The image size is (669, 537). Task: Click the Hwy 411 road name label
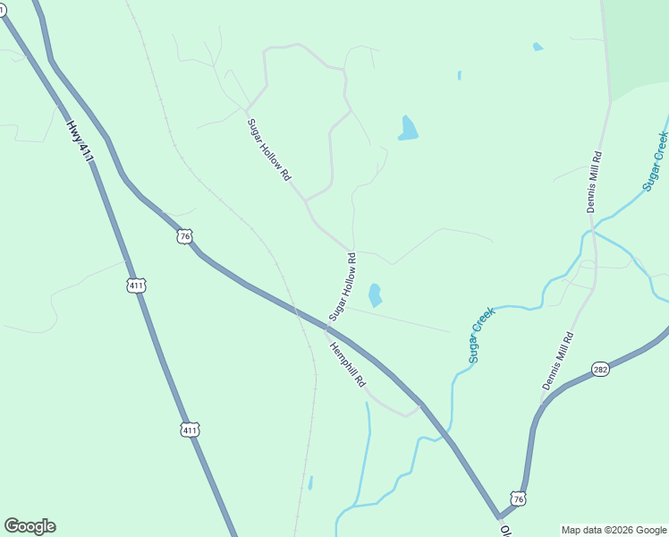coord(80,142)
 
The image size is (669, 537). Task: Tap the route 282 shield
coord(600,369)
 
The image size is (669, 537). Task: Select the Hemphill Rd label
coord(347,365)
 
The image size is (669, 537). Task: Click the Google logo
coord(30,526)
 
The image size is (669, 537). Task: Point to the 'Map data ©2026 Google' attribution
coord(614,530)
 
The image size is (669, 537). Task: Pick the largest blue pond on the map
coord(408,129)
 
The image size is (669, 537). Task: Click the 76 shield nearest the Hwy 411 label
coord(184,236)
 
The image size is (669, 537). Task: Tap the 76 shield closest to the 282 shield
coord(518,497)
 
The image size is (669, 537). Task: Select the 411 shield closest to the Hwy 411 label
coord(136,286)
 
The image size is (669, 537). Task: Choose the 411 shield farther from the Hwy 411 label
coord(189,430)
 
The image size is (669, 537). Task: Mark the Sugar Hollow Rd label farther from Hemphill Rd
coord(269,150)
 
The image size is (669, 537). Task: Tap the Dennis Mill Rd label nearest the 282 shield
coord(557,360)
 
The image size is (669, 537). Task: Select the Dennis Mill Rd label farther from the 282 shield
coord(594,181)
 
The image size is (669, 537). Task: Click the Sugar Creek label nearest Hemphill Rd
coord(481,334)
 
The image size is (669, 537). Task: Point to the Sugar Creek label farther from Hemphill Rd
coord(656,161)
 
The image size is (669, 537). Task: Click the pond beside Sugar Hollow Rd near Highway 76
coord(375,294)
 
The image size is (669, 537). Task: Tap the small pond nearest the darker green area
coord(538,47)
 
